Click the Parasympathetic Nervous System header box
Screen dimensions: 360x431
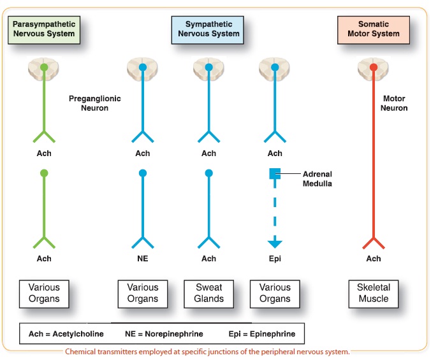click(44, 29)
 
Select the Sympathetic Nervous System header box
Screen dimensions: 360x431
click(208, 29)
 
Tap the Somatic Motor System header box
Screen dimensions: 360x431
click(373, 29)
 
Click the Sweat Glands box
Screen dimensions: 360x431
click(208, 293)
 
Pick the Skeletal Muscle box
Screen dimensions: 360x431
click(374, 293)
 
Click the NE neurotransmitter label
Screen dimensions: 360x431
click(143, 259)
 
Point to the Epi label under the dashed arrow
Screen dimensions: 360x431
click(275, 259)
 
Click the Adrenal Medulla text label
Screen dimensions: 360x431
click(318, 178)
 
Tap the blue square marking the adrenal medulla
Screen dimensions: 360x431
click(275, 173)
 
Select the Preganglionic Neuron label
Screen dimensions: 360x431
click(94, 103)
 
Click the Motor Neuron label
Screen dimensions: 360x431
click(395, 103)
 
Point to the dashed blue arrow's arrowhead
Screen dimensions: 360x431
click(275, 243)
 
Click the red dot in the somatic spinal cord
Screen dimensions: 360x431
click(374, 66)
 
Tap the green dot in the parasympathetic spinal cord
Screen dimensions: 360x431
click(44, 66)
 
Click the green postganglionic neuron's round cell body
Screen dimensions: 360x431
click(44, 173)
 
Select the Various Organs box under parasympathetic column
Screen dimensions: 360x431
click(44, 293)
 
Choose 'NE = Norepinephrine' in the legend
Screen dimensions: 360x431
click(164, 334)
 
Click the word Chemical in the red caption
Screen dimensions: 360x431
click(85, 352)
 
